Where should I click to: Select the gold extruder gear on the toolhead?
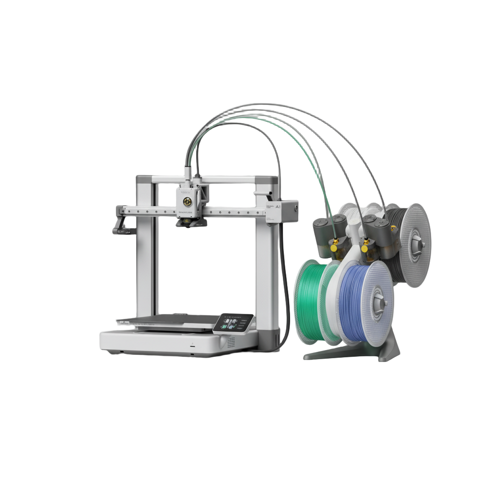(191, 197)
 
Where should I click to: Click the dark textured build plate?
(173, 320)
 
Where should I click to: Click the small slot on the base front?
(192, 344)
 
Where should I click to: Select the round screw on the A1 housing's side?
(295, 209)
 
